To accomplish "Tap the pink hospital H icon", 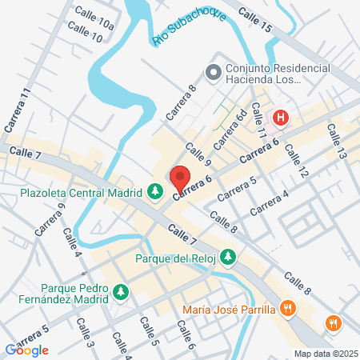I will tap(281, 119).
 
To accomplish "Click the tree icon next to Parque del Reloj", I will tap(229, 257).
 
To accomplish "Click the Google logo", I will tap(26, 350).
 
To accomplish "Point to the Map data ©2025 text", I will tap(325, 353).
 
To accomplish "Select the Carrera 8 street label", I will tap(181, 103).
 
